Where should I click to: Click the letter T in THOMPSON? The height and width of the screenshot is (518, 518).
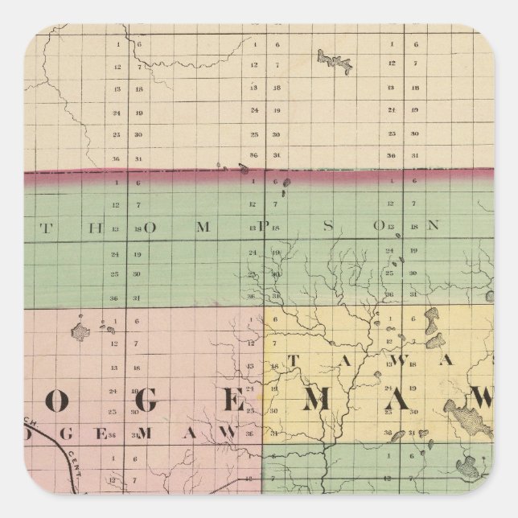[47, 227]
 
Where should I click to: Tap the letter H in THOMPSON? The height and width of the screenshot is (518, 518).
[97, 227]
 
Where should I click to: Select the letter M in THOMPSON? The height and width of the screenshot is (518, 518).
[203, 227]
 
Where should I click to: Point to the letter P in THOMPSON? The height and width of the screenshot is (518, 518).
[262, 227]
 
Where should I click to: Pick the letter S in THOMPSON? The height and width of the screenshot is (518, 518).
[328, 226]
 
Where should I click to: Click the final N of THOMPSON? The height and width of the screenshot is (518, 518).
[433, 226]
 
